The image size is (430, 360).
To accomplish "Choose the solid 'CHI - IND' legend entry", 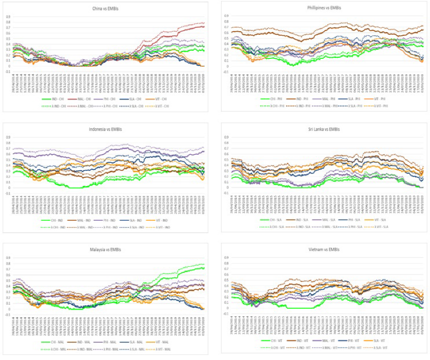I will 51,222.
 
